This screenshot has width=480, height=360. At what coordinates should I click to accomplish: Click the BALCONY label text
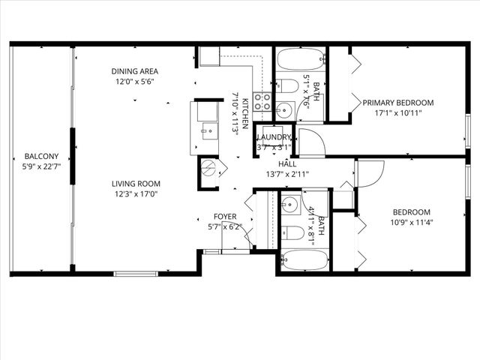pyautogui.click(x=40, y=156)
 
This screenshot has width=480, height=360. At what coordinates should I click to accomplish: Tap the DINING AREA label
pyautogui.click(x=135, y=72)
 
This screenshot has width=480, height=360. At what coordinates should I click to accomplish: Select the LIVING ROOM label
pyautogui.click(x=136, y=184)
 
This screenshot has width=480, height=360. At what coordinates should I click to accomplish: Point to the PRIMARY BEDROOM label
pyautogui.click(x=398, y=103)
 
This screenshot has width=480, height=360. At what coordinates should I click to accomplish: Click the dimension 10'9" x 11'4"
pyautogui.click(x=412, y=222)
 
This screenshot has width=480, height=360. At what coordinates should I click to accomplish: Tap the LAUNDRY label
pyautogui.click(x=274, y=137)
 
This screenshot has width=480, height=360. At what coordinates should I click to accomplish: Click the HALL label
pyautogui.click(x=287, y=163)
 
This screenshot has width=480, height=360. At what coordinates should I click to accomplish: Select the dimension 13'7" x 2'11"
pyautogui.click(x=287, y=174)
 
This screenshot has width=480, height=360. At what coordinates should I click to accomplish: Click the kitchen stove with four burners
pyautogui.click(x=262, y=101)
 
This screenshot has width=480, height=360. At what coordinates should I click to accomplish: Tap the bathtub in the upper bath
pyautogui.click(x=299, y=59)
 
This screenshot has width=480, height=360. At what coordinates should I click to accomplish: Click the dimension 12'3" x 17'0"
pyautogui.click(x=136, y=195)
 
